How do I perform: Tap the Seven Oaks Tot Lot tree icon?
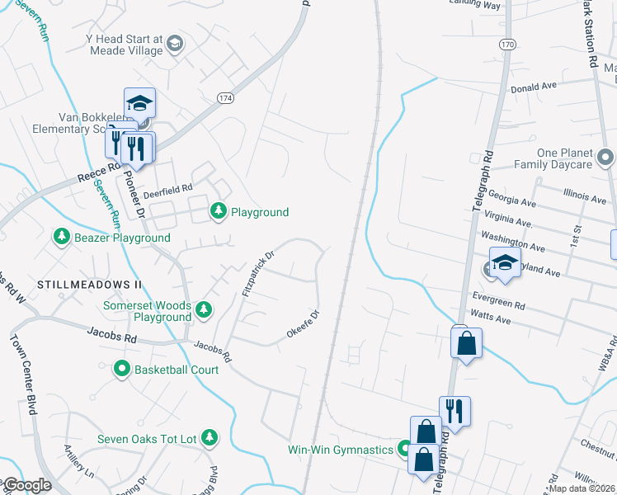[x=210, y=436]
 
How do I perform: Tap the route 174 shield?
[x=225, y=98]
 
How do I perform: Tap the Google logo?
[x=27, y=485]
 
